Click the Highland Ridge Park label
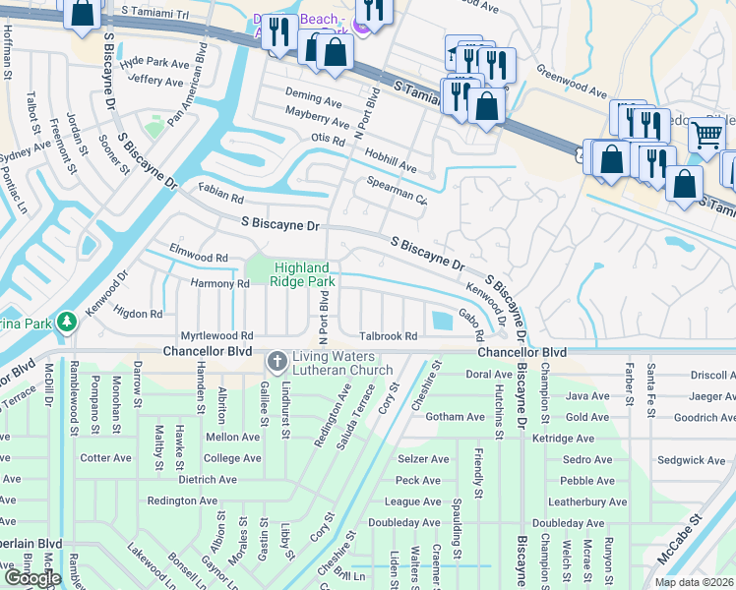pyautogui.click(x=305, y=273)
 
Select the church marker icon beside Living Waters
pyautogui.click(x=276, y=362)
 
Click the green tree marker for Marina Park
pyautogui.click(x=66, y=322)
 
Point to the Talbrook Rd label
pyautogui.click(x=389, y=335)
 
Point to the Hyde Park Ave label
pyautogui.click(x=153, y=62)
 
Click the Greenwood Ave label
pyautogui.click(x=571, y=82)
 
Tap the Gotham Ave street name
pyautogui.click(x=456, y=417)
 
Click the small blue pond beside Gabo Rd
pyautogui.click(x=440, y=319)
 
